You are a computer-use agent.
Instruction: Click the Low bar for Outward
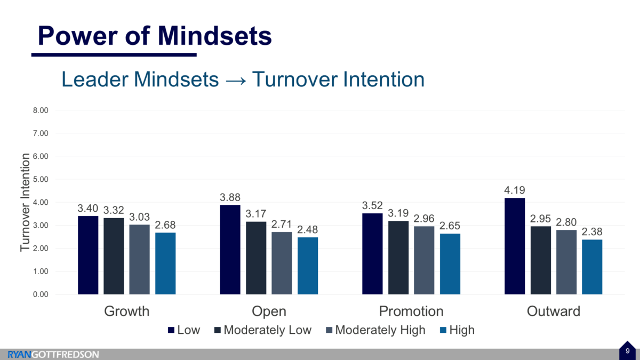point(515,246)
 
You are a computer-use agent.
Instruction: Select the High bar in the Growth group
point(165,263)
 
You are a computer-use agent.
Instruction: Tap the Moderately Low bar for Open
point(256,258)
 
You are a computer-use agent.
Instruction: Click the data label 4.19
point(515,190)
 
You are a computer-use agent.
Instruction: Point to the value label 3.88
point(230,197)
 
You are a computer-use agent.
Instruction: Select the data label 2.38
point(592,231)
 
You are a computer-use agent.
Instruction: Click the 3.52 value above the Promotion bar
point(372,205)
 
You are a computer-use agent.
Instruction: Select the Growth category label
point(126,311)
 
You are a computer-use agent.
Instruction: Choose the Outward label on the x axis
point(553,311)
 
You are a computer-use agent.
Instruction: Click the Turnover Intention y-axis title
point(25,202)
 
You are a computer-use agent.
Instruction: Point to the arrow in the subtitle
point(235,80)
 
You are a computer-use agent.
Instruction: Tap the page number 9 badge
point(627,351)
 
